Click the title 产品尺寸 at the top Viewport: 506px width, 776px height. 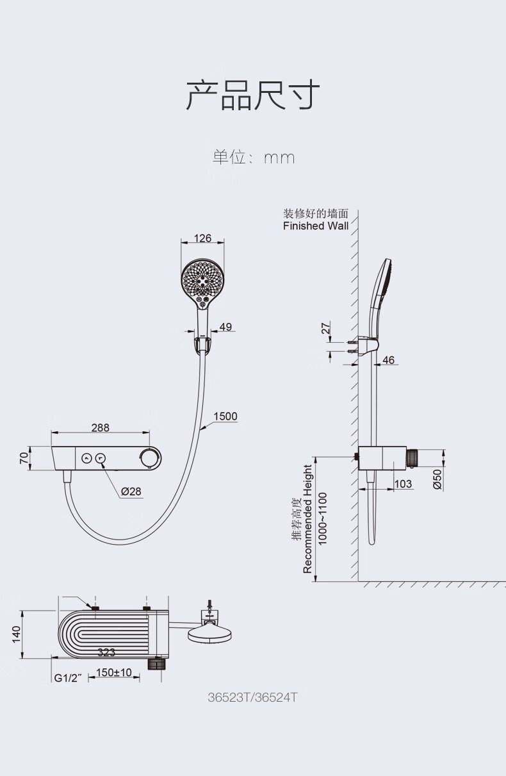click(x=253, y=95)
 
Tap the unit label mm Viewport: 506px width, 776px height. click(x=279, y=159)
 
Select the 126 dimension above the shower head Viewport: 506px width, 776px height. click(x=202, y=238)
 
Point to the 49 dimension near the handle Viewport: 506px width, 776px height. click(x=225, y=327)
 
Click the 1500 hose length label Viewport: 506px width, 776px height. click(x=225, y=416)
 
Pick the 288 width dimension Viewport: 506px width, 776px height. click(x=101, y=428)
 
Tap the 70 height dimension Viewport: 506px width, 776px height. click(x=24, y=458)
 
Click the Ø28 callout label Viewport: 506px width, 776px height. click(x=131, y=491)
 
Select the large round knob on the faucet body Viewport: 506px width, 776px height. click(x=151, y=458)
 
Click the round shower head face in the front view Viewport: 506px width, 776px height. click(x=202, y=279)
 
